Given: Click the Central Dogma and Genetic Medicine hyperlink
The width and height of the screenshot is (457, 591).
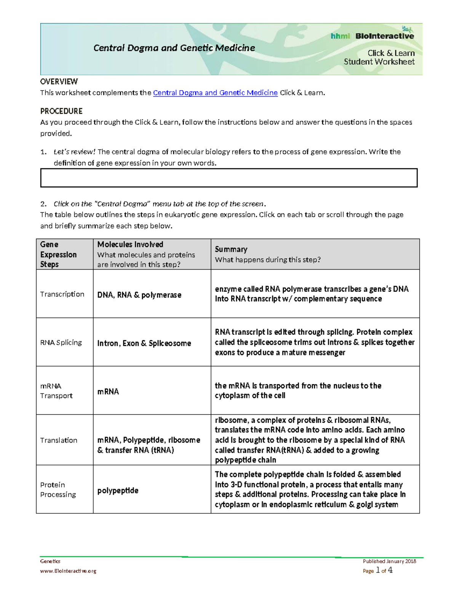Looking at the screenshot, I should [x=215, y=92].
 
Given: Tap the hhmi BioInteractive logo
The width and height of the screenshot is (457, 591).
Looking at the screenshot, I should [x=372, y=36].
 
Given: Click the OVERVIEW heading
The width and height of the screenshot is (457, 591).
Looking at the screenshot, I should [x=59, y=81].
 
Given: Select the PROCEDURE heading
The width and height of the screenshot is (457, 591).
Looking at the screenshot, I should [x=61, y=111].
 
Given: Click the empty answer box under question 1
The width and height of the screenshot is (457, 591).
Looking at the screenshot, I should [x=228, y=178].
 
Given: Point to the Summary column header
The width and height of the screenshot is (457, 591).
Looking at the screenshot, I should [x=231, y=249].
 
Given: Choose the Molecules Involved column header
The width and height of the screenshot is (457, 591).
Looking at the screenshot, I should [x=130, y=244].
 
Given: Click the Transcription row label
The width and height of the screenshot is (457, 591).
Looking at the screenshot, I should [x=62, y=294].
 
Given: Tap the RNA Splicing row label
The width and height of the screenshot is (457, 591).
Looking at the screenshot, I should [x=61, y=342].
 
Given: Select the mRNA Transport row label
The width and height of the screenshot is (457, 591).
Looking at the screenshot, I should [x=56, y=391].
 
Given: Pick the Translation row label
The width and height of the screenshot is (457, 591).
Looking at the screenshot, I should [x=59, y=440].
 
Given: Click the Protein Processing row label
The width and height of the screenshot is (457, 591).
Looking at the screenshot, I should [x=58, y=490].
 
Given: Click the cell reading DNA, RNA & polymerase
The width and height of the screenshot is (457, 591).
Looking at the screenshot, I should [x=139, y=295].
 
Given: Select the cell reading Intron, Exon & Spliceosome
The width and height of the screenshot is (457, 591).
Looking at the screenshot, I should [x=144, y=343].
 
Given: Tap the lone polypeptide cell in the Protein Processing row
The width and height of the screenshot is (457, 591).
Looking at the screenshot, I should [x=118, y=491].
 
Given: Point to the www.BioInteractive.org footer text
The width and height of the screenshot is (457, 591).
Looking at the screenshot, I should [x=68, y=571].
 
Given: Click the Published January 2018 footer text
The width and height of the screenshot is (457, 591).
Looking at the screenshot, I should [x=389, y=561].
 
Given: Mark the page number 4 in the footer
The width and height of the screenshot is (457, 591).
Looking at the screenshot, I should [x=390, y=570].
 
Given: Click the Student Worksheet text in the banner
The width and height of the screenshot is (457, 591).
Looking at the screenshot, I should [x=379, y=62].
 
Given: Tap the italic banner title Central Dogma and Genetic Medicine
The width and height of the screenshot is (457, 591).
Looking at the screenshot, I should [x=174, y=48].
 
